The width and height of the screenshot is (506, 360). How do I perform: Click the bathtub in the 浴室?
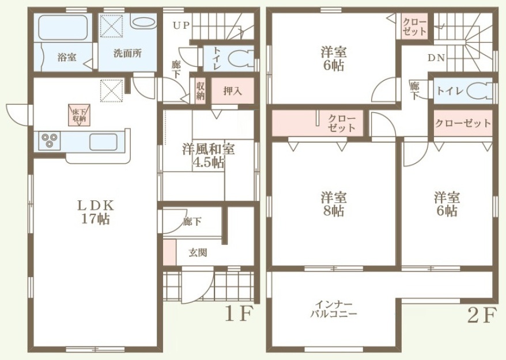[x=63, y=28]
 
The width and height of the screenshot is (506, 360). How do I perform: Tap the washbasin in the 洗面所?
[x=144, y=22]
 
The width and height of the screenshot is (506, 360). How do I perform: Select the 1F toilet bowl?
[x=241, y=59]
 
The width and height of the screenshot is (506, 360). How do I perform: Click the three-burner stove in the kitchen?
[x=50, y=141]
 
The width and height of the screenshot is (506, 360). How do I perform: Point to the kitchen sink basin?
[x=103, y=142]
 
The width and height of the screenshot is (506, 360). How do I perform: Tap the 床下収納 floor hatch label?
[x=79, y=115]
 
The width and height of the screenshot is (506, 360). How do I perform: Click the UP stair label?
[x=182, y=25]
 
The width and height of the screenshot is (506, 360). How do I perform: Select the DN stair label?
[x=437, y=58]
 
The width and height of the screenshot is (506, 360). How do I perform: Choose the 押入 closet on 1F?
[x=232, y=90]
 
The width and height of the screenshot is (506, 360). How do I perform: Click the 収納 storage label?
[x=200, y=91]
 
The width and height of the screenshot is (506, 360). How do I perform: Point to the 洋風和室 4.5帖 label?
[x=209, y=156]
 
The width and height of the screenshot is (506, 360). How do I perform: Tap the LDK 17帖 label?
[x=96, y=212]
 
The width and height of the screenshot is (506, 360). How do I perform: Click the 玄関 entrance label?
[x=198, y=253]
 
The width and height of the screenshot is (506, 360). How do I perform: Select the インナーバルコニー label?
[x=333, y=309]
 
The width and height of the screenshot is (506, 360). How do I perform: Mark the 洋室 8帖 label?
[x=334, y=204]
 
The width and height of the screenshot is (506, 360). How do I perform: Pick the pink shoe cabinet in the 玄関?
[x=169, y=252]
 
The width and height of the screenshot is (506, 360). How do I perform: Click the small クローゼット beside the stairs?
[x=415, y=26]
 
